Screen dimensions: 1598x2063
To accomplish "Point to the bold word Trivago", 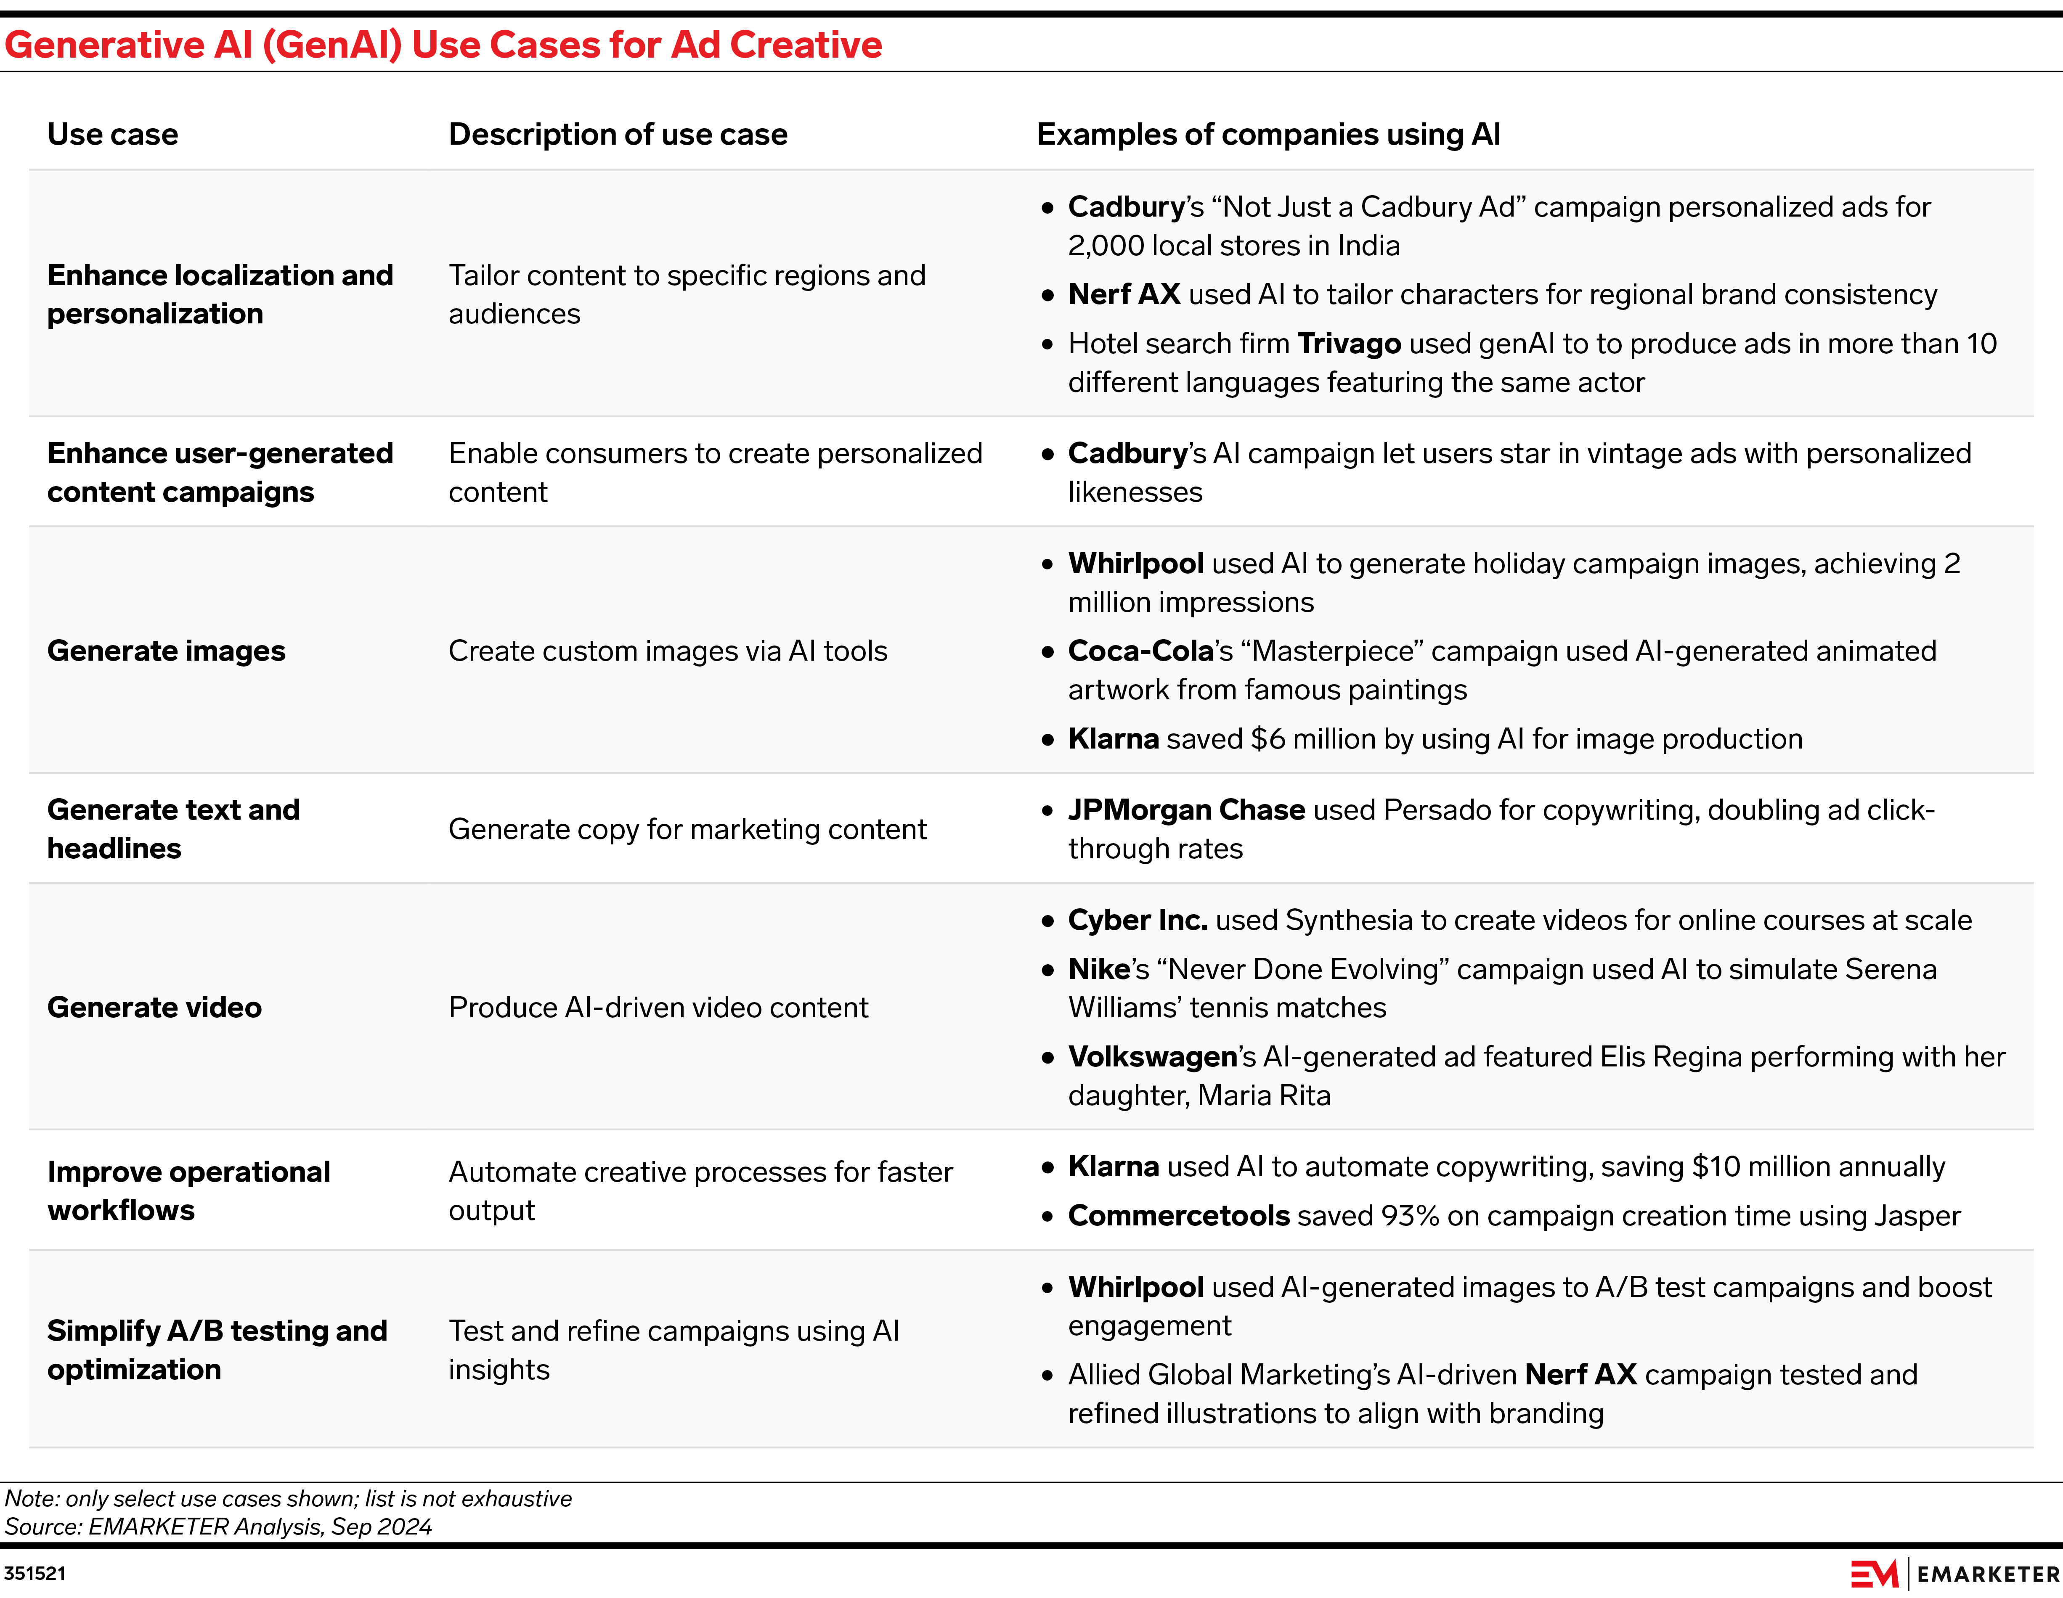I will tap(1349, 344).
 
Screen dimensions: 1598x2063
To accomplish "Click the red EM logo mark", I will tap(1874, 1574).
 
